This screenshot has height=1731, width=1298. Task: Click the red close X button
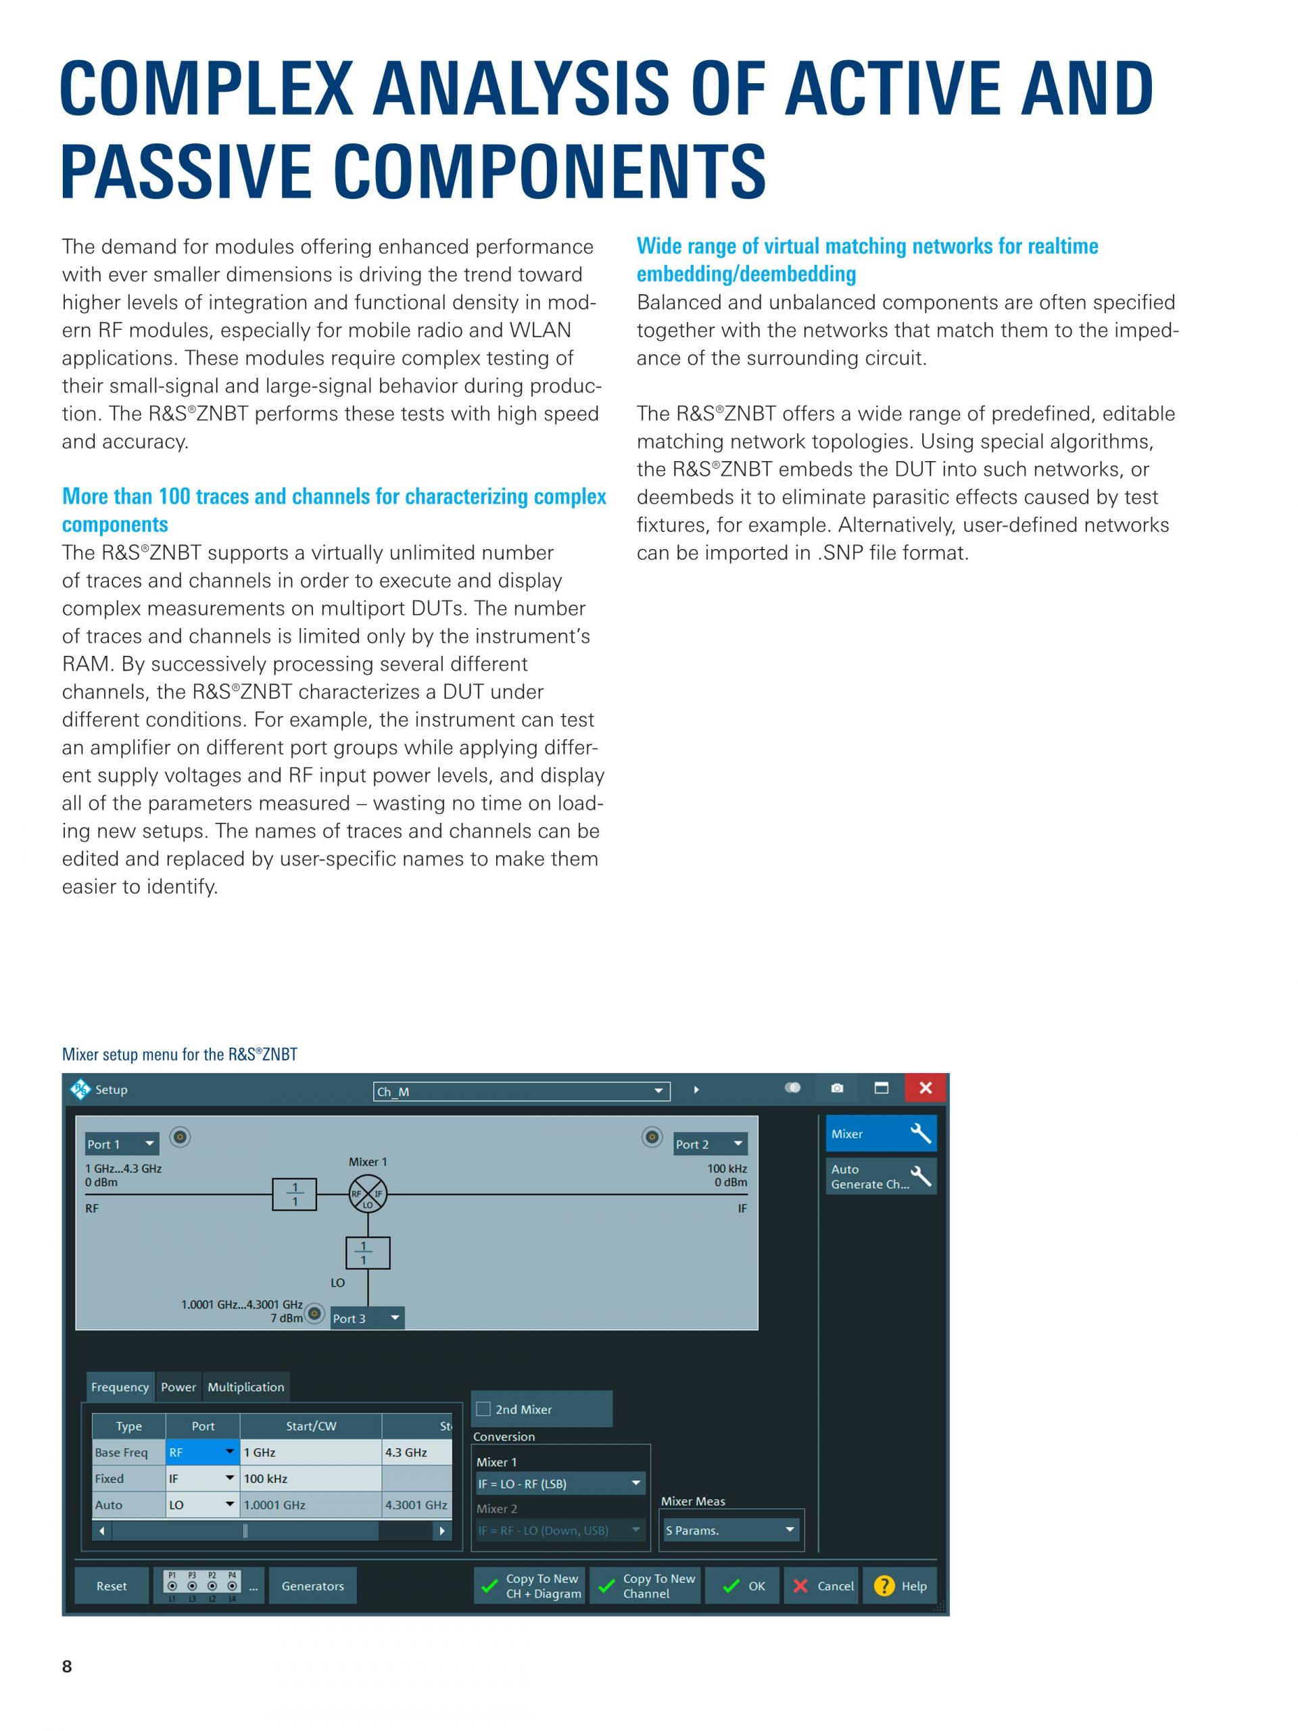[926, 1088]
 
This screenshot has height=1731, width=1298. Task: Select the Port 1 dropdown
[121, 1144]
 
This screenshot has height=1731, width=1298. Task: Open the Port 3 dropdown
[366, 1319]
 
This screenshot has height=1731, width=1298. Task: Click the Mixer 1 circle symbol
[368, 1194]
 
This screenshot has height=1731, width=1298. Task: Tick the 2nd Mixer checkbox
[483, 1409]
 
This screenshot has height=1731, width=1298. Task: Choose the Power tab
[178, 1387]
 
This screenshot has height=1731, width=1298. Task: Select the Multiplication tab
[245, 1387]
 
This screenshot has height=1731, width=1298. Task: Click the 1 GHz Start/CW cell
[310, 1452]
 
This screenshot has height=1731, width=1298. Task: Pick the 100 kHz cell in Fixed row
[310, 1479]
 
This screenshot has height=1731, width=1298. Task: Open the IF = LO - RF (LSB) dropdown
[559, 1484]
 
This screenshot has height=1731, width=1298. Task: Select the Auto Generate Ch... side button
[880, 1176]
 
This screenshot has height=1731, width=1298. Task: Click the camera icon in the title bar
[837, 1088]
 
